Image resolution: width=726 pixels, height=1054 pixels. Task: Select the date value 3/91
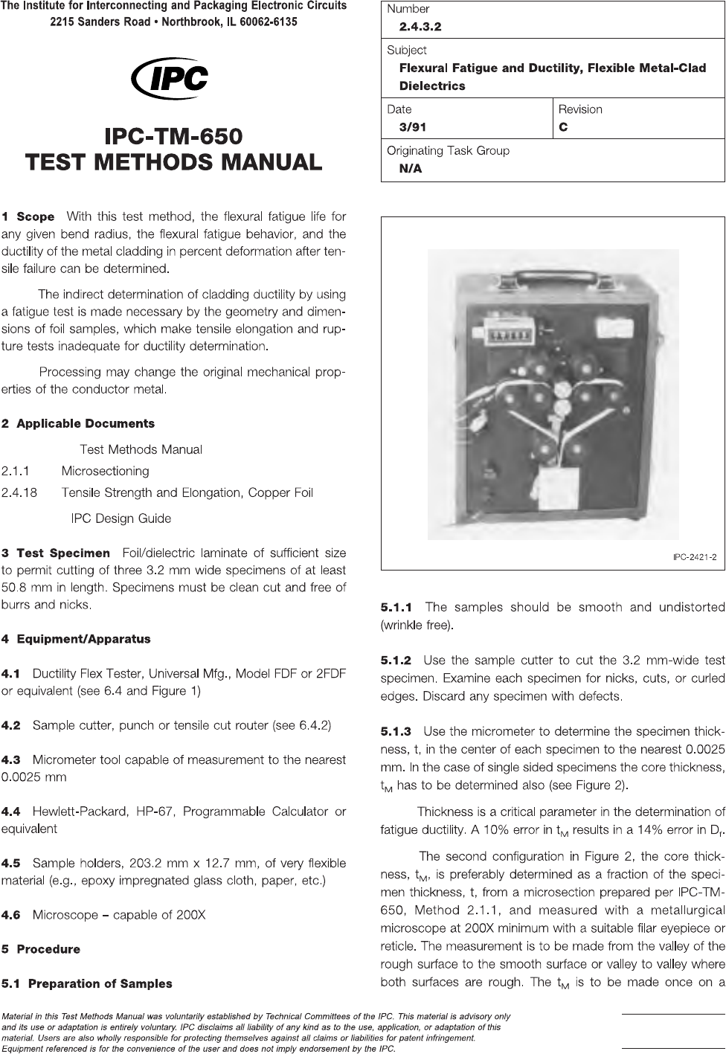point(413,127)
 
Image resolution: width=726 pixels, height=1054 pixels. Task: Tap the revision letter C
point(563,127)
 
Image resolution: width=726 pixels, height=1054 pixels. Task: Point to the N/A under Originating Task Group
point(411,169)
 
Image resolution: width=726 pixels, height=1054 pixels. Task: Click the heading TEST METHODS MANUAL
point(173,161)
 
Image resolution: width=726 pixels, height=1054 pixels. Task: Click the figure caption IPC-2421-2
point(694,558)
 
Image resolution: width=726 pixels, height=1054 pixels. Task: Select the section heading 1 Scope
point(28,217)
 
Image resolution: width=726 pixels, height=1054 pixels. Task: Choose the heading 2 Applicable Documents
point(78,424)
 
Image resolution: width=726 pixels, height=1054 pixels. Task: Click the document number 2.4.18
point(19,492)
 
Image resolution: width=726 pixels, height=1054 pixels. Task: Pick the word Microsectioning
point(105,471)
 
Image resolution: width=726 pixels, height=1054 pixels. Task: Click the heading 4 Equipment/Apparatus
point(76,639)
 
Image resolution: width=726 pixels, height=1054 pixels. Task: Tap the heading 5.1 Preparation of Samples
point(87,983)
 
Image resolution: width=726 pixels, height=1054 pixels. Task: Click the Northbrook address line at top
point(173,22)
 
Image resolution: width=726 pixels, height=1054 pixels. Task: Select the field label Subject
point(407,51)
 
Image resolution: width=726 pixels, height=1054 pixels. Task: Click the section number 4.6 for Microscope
point(11,915)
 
